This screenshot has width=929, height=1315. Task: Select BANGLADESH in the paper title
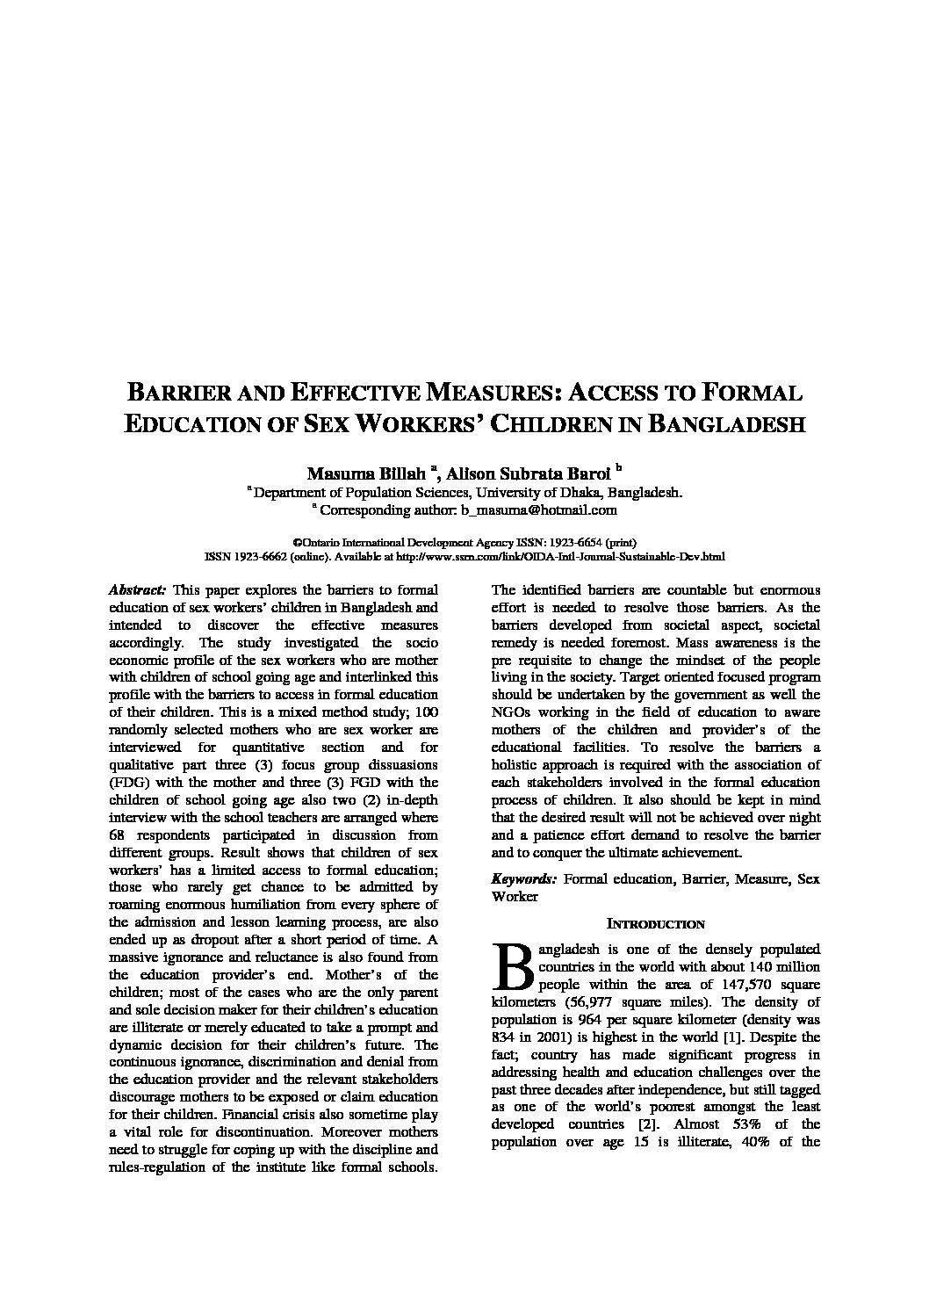click(726, 424)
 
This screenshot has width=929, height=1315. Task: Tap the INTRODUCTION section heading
click(656, 924)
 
